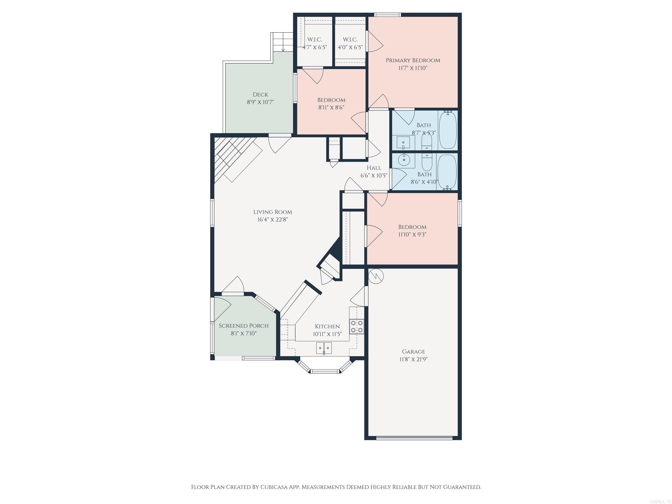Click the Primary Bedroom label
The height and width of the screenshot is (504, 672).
pos(413,60)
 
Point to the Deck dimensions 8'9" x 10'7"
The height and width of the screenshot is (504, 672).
pos(260,102)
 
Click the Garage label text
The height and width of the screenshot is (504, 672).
pos(413,352)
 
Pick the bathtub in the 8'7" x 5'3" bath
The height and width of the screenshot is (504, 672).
pos(448,129)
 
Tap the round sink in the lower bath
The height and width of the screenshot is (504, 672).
pos(404,159)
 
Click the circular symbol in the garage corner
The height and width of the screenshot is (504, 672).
pos(376,276)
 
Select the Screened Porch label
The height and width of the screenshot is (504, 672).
pos(244,326)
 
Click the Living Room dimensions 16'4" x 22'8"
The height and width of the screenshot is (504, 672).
pos(273,220)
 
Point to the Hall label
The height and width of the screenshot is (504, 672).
pos(374,168)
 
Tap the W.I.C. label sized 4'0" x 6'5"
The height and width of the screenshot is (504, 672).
pos(350,40)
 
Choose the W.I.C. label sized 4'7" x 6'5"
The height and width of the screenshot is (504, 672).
pos(315,40)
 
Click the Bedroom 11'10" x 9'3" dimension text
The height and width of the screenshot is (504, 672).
pos(412,234)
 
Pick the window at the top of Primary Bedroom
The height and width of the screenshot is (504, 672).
pos(387,15)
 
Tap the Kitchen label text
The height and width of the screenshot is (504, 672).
pos(327,326)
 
